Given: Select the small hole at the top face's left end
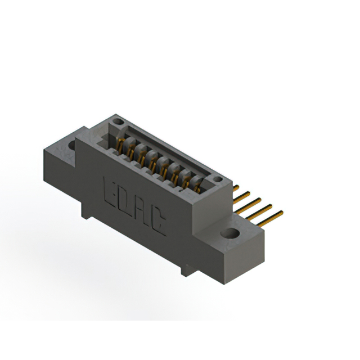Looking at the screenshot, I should click(x=117, y=121).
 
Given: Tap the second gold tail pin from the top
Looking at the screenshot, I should click(x=243, y=194).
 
